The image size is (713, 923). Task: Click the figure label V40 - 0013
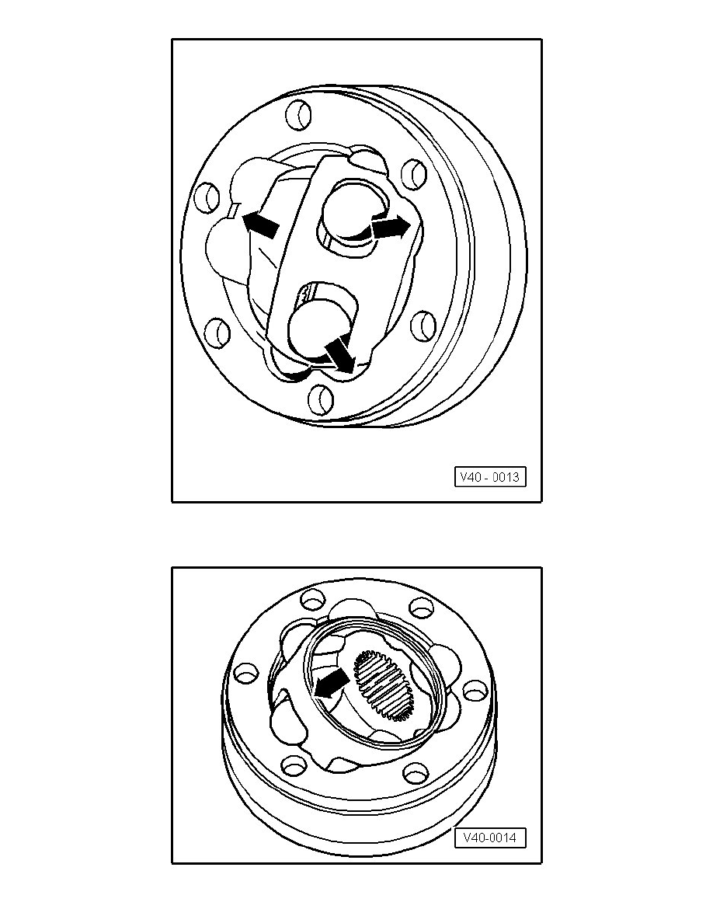pyautogui.click(x=490, y=477)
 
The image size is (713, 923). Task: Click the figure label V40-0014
pyautogui.click(x=490, y=838)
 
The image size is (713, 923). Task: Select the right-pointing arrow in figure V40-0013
pyautogui.click(x=389, y=227)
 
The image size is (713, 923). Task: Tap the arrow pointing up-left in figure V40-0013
pyautogui.click(x=259, y=224)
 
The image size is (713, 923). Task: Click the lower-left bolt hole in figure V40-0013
pyautogui.click(x=217, y=333)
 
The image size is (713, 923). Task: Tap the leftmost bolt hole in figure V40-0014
pyautogui.click(x=245, y=672)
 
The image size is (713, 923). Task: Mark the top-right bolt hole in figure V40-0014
pyautogui.click(x=421, y=606)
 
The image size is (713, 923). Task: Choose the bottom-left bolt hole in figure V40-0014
pyautogui.click(x=294, y=765)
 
